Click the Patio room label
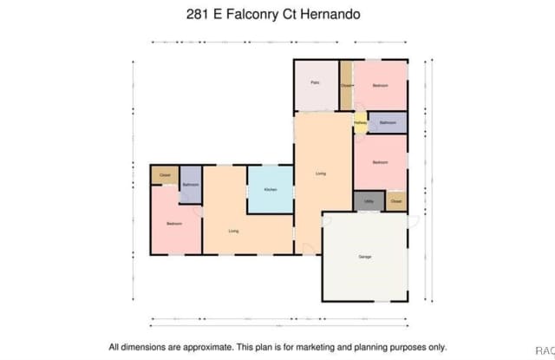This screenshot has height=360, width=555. pyautogui.click(x=317, y=83)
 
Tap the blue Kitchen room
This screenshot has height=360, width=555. pyautogui.click(x=270, y=189)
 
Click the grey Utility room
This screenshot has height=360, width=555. pyautogui.click(x=369, y=200)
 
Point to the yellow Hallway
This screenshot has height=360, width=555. pyautogui.click(x=360, y=123)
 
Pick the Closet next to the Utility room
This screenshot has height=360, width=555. pyautogui.click(x=396, y=201)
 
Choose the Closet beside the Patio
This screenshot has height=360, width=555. pyautogui.click(x=345, y=85)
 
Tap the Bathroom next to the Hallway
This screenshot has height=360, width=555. pyautogui.click(x=388, y=123)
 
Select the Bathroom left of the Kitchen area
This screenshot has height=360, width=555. pyautogui.click(x=191, y=186)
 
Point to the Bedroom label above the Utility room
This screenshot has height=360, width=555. pyautogui.click(x=380, y=162)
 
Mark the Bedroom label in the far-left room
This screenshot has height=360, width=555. pyautogui.click(x=174, y=225)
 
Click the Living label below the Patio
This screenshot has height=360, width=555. pyautogui.click(x=321, y=174)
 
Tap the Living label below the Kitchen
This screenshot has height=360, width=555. pyautogui.click(x=234, y=231)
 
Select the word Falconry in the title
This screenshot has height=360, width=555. pyautogui.click(x=258, y=15)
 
